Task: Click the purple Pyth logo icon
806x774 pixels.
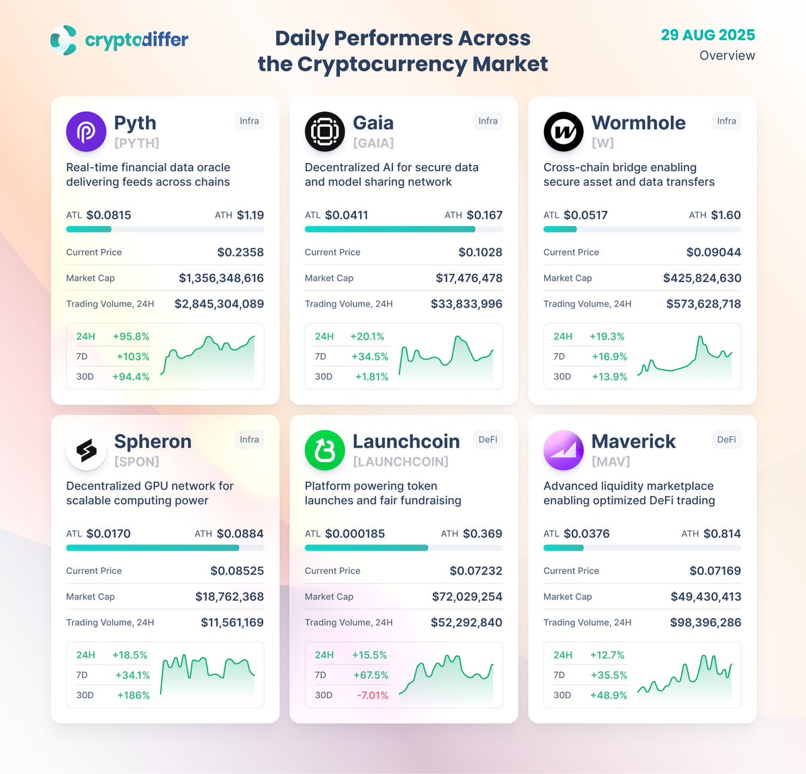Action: point(86,132)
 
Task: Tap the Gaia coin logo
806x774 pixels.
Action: point(324,132)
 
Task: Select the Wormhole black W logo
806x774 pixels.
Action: point(563,132)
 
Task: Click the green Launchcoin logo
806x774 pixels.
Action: point(324,450)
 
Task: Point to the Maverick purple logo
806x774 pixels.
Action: point(563,450)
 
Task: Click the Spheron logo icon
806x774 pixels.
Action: point(86,450)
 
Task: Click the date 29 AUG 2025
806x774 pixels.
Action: point(707,35)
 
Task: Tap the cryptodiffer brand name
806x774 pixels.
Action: point(136,40)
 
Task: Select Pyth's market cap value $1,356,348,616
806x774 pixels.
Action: point(221,278)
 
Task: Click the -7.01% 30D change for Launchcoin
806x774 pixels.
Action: point(372,695)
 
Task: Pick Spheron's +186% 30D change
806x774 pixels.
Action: point(133,695)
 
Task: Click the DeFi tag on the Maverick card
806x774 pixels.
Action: point(726,440)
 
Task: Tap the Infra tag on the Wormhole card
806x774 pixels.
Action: point(726,121)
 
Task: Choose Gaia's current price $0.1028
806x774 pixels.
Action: point(480,252)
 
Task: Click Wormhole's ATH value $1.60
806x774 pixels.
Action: point(725,215)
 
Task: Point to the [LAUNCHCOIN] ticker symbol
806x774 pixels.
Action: point(400,462)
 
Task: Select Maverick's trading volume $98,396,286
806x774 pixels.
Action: point(705,622)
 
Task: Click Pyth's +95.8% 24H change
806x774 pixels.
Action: point(131,336)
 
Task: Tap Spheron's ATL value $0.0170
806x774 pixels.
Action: point(108,534)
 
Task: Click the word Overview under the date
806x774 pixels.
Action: point(727,56)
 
